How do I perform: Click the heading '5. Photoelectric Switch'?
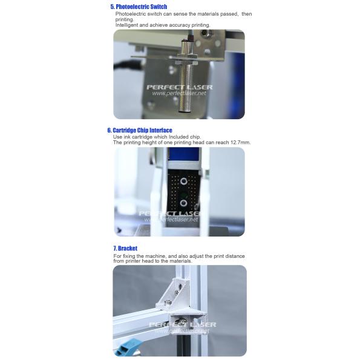pos(139,7)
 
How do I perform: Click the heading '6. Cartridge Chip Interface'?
pos(140,130)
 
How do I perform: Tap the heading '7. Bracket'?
pos(125,248)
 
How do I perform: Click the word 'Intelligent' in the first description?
pos(128,25)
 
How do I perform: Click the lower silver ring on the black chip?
pos(182,202)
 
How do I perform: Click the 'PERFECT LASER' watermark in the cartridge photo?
pos(170,213)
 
